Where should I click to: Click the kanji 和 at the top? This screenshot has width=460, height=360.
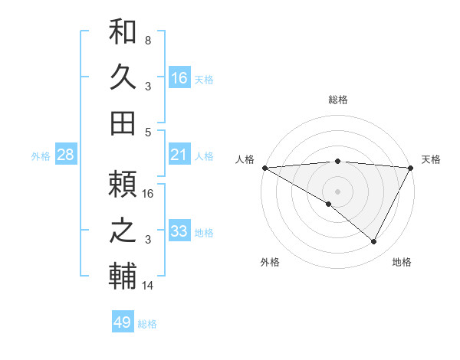point(123,34)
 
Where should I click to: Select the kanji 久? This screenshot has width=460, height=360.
point(123,77)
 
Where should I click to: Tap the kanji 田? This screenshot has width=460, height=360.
point(123,121)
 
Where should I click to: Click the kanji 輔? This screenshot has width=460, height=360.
point(123,275)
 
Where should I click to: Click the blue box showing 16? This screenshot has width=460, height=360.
point(179,77)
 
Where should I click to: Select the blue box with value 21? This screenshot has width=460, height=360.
point(179,155)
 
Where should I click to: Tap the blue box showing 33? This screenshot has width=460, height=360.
point(179,232)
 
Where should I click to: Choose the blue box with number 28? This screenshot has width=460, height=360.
point(65,155)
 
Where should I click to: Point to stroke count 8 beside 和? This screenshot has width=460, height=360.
point(148,39)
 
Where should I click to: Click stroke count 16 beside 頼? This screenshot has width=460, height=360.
point(148,193)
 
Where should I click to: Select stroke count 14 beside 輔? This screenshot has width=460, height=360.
point(148,286)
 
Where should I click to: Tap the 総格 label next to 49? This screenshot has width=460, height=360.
point(147,324)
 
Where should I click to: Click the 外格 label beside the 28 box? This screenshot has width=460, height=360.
point(41,156)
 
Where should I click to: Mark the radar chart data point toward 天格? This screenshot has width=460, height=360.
point(412,168)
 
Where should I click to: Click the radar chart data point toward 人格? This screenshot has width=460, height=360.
point(264,168)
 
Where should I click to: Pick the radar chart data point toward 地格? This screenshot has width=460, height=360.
point(374,241)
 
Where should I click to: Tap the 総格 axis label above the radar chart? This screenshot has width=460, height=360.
point(338,100)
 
